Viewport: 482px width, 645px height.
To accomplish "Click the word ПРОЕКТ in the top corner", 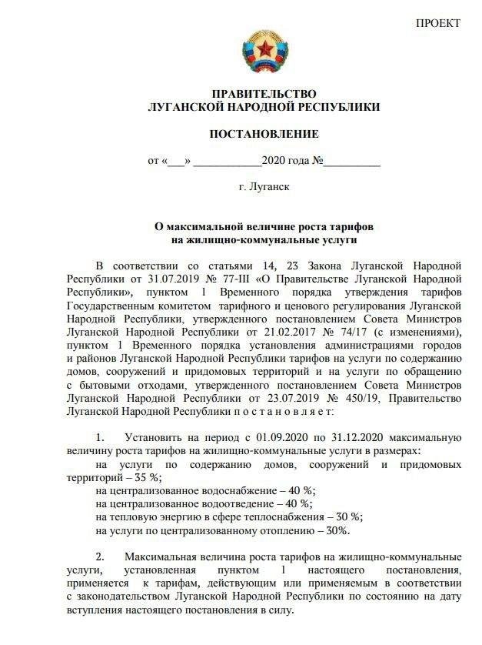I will point(438,23).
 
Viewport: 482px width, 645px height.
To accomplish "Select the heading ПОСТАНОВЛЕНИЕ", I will point(264,134).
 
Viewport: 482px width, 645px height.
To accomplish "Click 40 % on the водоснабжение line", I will point(298,490).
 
